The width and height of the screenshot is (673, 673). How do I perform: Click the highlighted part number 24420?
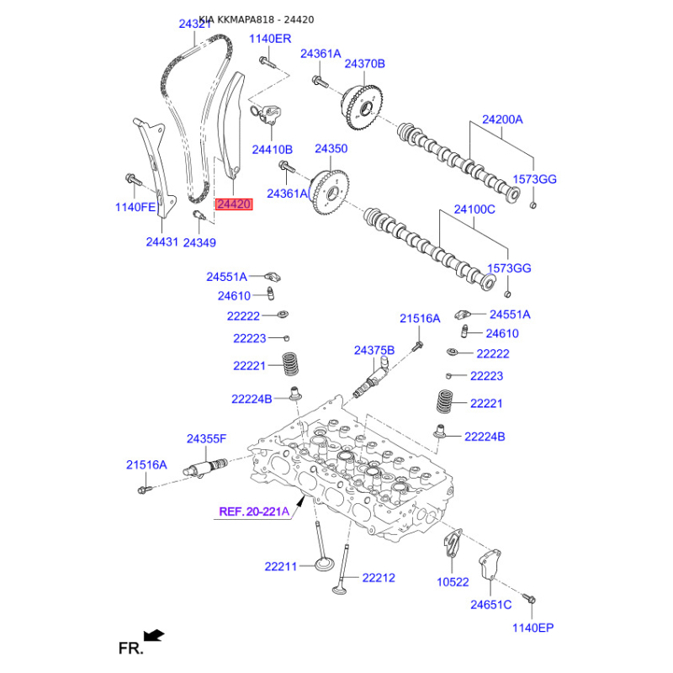coord(234,204)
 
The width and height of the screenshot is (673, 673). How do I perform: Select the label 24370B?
coord(365,64)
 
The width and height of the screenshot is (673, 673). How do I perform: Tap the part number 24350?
coord(331,149)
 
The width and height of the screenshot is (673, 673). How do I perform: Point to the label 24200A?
coord(502,119)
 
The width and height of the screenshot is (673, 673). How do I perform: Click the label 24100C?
coord(474,209)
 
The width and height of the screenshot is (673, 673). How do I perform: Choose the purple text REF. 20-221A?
coord(254,511)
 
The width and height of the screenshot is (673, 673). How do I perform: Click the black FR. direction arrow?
coord(154,635)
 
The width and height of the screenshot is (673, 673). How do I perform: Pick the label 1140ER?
coord(270,39)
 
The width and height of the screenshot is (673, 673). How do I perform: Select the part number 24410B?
coord(272,150)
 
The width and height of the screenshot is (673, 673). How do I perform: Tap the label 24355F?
coord(206,438)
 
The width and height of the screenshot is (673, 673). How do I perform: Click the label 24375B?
coord(374,351)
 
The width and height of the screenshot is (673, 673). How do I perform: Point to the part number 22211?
coord(281,566)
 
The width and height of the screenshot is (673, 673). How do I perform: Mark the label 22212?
coord(379,578)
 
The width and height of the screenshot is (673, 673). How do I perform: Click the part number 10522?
coord(453,582)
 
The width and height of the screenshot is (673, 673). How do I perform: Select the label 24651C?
coord(491,605)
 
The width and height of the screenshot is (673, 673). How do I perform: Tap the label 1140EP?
coord(533,628)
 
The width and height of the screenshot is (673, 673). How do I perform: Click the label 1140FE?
coord(135,207)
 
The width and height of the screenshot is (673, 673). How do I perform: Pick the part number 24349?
coord(199,242)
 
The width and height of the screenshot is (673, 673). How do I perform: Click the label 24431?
coord(162,242)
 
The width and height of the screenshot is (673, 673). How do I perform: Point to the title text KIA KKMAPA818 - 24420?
coord(257,19)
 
